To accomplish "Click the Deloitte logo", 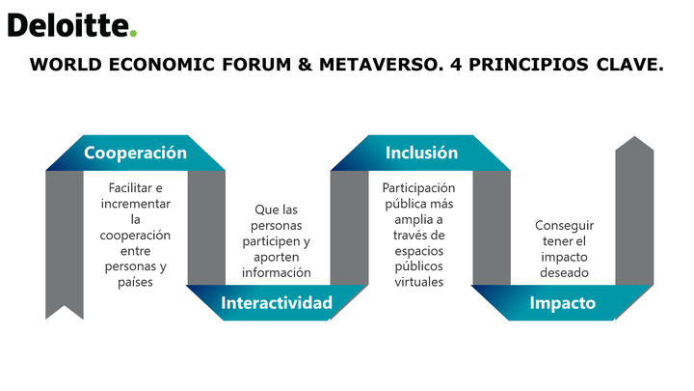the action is [72, 25].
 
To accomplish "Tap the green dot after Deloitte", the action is [133, 33].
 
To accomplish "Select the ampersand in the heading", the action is [305, 65].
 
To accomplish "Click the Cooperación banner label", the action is [136, 153].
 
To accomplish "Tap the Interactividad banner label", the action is [277, 303].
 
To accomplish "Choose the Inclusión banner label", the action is [421, 153].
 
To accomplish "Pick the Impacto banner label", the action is [563, 303].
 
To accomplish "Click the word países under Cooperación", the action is [136, 282].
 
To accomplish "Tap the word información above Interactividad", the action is [277, 272].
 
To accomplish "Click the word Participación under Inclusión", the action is [418, 188].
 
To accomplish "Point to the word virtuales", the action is [419, 282].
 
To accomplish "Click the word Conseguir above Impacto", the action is [564, 226].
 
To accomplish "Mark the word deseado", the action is [564, 272].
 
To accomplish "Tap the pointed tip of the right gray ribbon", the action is [634, 136].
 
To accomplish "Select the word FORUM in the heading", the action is [256, 65].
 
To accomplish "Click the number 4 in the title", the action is [456, 65].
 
